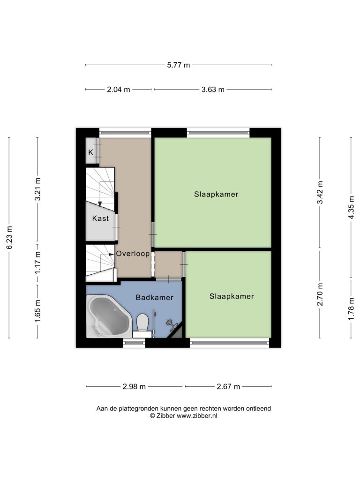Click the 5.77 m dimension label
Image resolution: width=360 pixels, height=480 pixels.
point(179,65)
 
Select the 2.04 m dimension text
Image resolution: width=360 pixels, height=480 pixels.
point(119,90)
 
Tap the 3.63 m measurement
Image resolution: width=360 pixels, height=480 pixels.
point(213,90)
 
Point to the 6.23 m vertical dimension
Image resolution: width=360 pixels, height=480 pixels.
point(9,238)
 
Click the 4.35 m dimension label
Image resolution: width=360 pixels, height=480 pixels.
point(351,207)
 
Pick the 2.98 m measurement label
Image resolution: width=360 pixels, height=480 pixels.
point(134,387)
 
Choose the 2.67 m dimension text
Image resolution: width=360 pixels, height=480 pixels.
point(228,387)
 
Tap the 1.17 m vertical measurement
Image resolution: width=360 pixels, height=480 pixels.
point(37,262)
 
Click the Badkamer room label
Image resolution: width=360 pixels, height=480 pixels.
point(155,297)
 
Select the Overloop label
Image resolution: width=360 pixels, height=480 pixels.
point(133,254)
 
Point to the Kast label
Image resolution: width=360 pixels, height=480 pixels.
point(100,218)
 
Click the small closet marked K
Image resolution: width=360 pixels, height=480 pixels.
point(90,152)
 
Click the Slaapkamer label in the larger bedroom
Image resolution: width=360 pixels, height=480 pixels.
point(216,194)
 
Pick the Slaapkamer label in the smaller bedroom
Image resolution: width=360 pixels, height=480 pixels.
point(232,296)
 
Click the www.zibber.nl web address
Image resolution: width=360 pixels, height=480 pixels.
point(197,416)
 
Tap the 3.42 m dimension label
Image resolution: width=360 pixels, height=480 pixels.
point(320,192)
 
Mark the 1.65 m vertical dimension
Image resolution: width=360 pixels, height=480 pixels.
point(37,311)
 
